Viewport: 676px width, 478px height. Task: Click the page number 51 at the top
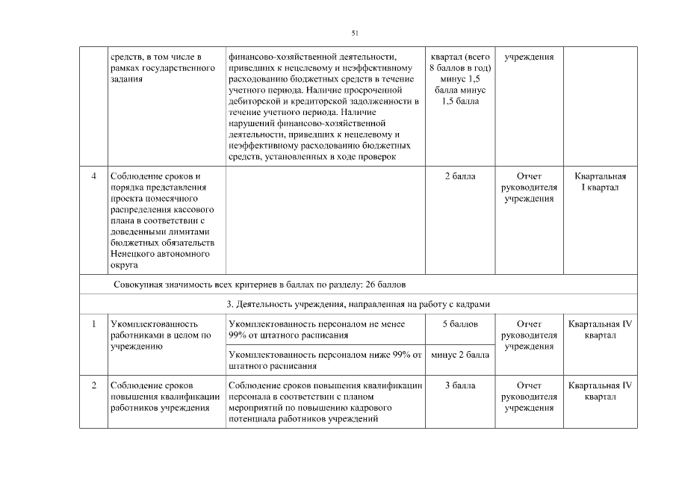pyautogui.click(x=356, y=32)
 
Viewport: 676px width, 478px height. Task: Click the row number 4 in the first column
pyautogui.click(x=93, y=176)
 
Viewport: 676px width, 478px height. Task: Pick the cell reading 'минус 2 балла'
pyautogui.click(x=459, y=355)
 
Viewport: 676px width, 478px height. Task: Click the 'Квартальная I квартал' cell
pyautogui.click(x=600, y=181)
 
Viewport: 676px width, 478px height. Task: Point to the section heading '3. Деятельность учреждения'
pyautogui.click(x=358, y=304)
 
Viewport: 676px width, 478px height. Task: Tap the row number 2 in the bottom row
pyautogui.click(x=93, y=385)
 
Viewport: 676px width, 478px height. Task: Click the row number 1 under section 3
pyautogui.click(x=93, y=325)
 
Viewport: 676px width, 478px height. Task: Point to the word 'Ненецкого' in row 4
pyautogui.click(x=133, y=254)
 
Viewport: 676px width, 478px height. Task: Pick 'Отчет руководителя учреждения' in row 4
pyautogui.click(x=529, y=187)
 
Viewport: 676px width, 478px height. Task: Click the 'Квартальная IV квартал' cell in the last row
pyautogui.click(x=600, y=391)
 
